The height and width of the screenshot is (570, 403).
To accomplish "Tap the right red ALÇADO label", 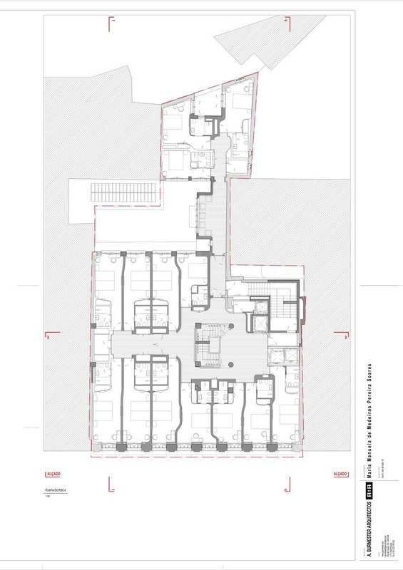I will (x=340, y=474).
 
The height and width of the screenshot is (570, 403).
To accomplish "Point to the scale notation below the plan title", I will (x=47, y=497).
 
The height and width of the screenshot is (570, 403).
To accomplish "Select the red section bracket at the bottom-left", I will (x=111, y=484).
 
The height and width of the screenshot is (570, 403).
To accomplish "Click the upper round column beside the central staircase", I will (x=230, y=328).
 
